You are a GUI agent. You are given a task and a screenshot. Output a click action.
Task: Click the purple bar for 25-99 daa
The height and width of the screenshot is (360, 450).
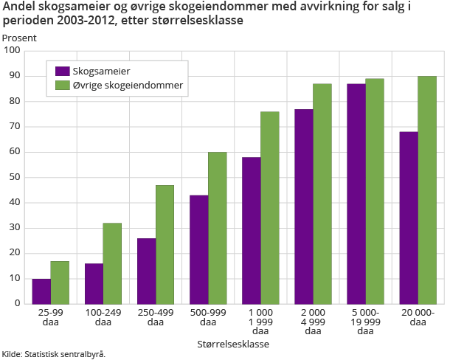tap(41, 291)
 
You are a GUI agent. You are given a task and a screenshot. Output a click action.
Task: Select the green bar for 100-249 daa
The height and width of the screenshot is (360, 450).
tap(112, 263)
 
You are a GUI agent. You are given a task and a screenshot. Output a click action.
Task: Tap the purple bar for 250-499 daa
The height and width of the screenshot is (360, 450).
tap(146, 271)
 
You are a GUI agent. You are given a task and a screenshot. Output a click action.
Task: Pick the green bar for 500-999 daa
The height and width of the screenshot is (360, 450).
tap(217, 228)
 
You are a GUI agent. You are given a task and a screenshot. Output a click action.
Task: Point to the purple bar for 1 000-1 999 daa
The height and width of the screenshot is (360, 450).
tap(252, 230)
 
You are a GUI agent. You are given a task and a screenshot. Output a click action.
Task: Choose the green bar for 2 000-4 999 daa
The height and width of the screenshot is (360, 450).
tap(322, 194)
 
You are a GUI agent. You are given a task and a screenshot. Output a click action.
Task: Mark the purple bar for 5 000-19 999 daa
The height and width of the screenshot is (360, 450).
tap(356, 194)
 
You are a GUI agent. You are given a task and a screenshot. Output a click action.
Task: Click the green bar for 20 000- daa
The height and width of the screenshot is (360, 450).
tap(427, 190)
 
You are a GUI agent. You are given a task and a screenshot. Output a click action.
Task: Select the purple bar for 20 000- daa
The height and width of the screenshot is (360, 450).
tap(409, 218)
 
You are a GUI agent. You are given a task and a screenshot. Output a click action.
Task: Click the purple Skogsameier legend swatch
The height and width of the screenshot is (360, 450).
tap(62, 71)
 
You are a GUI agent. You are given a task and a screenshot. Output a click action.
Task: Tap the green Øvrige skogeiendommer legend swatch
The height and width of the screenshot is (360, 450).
tap(62, 86)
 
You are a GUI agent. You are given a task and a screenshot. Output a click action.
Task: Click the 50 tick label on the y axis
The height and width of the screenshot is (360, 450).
tap(15, 178)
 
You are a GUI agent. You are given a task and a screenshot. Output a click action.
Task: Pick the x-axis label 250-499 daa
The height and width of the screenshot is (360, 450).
tap(155, 318)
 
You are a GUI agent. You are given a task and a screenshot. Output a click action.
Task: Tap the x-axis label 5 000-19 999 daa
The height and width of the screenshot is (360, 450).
tap(365, 322)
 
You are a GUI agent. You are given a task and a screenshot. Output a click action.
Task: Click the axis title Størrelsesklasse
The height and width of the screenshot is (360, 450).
tap(233, 344)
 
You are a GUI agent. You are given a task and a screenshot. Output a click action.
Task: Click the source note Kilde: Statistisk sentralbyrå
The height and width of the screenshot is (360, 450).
tap(54, 354)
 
